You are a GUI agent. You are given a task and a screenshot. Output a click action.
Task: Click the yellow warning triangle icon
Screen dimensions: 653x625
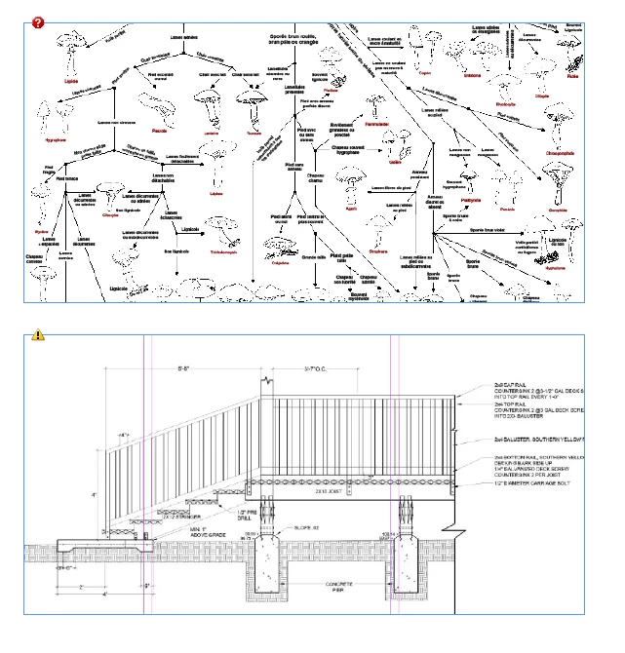coord(38,334)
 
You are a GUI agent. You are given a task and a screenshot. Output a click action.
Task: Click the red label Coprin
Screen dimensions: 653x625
coord(425,72)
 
